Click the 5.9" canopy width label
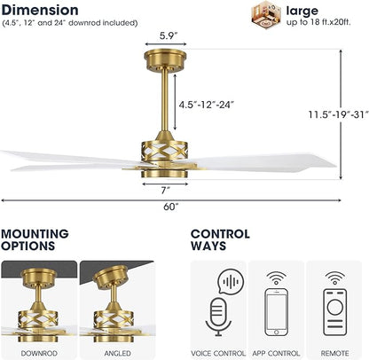[169, 36]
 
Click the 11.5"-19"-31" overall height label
[339, 114]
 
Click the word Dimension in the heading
[40, 10]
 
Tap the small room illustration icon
[266, 15]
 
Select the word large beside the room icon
[302, 11]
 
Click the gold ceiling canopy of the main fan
[165, 59]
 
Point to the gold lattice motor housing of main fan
[164, 152]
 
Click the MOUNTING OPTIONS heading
[35, 239]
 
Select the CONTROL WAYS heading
[220, 239]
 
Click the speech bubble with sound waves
[231, 281]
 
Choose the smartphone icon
[276, 312]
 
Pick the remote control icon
[335, 312]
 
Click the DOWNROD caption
[39, 353]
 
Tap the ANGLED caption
[117, 353]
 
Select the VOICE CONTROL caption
[218, 353]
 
